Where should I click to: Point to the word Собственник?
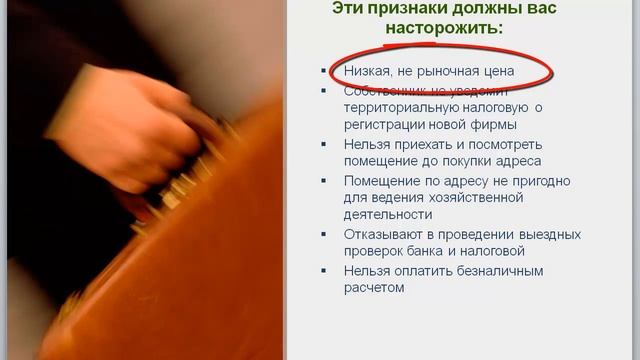(385, 90)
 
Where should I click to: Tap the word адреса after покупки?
(519, 161)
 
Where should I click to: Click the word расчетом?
(373, 288)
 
